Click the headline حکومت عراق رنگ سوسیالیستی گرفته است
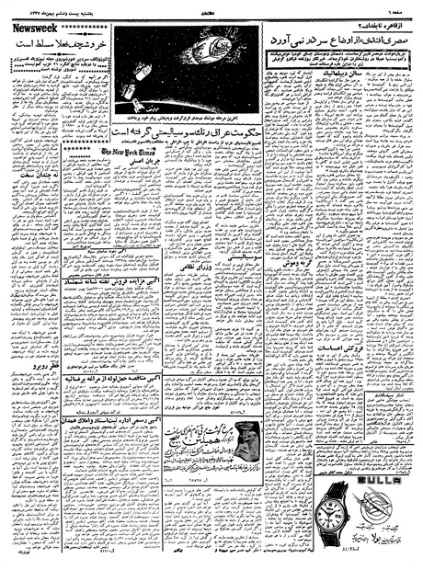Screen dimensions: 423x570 186,136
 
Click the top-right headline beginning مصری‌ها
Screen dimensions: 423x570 340,41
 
